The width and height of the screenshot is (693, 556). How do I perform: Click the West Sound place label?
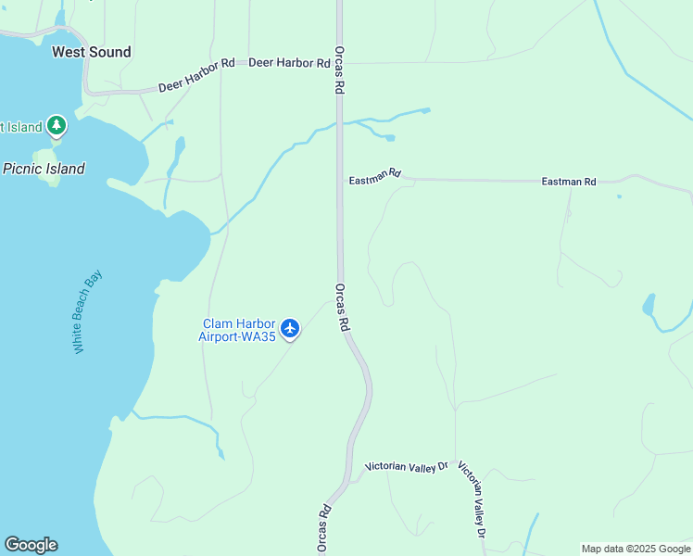pyautogui.click(x=91, y=52)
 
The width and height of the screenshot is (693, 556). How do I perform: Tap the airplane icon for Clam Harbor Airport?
pyautogui.click(x=291, y=328)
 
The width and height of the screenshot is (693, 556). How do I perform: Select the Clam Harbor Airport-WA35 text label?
pyautogui.click(x=238, y=331)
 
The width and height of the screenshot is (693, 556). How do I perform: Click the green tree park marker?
pyautogui.click(x=57, y=125)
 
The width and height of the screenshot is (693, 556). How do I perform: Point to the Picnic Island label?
pyautogui.click(x=44, y=169)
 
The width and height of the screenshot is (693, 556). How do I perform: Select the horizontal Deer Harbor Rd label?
pyautogui.click(x=289, y=63)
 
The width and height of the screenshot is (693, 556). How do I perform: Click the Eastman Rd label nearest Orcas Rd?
pyautogui.click(x=375, y=175)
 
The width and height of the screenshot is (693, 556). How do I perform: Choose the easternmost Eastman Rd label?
pyautogui.click(x=568, y=183)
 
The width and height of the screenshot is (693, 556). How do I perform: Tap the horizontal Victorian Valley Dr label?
pyautogui.click(x=406, y=467)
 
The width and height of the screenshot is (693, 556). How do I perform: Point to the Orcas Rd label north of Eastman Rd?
pyautogui.click(x=340, y=69)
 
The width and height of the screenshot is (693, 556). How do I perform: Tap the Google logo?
pyautogui.click(x=31, y=545)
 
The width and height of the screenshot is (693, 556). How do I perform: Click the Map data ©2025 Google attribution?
pyautogui.click(x=636, y=549)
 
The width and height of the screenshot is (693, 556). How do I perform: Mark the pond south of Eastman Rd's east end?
pyautogui.click(x=649, y=305)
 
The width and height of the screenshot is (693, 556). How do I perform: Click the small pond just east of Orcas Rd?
pyautogui.click(x=390, y=138)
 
